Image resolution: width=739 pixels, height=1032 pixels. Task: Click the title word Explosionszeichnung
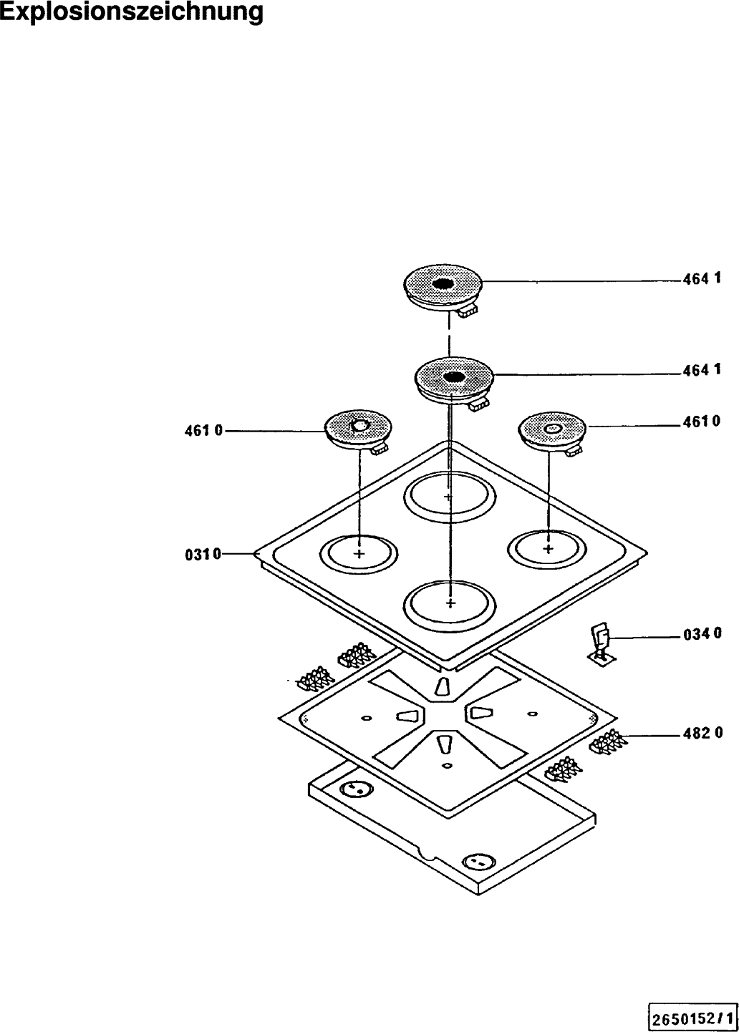(x=131, y=12)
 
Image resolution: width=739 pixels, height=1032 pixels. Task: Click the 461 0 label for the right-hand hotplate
(x=701, y=422)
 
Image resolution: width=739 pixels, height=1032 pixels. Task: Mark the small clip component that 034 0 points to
(x=599, y=643)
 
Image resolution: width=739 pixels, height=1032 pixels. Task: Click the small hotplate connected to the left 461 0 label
(x=357, y=428)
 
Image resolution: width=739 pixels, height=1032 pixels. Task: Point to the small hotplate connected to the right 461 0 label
(x=552, y=429)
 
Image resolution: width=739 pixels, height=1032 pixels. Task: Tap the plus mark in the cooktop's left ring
(x=359, y=554)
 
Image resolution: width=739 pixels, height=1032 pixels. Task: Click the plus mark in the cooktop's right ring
(x=549, y=549)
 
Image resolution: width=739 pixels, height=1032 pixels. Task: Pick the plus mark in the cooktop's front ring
(x=450, y=603)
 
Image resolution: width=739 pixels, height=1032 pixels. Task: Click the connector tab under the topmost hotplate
(x=469, y=311)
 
